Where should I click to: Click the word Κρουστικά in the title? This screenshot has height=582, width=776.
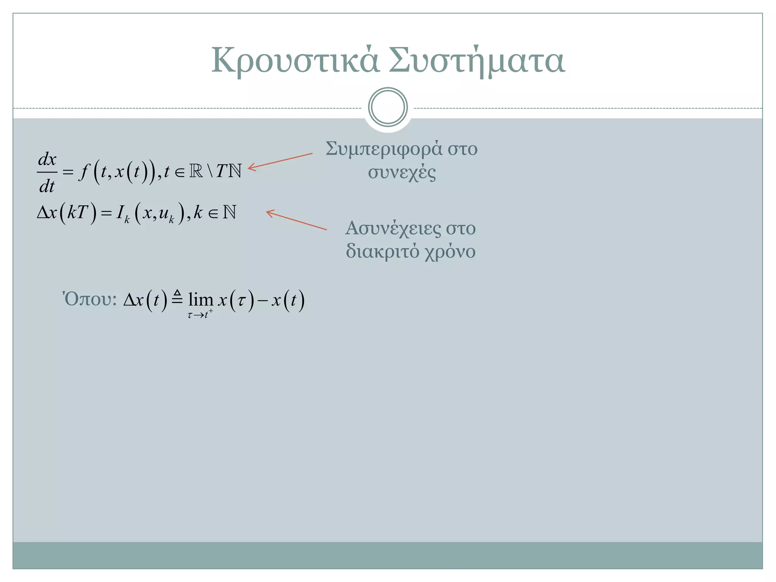click(x=295, y=61)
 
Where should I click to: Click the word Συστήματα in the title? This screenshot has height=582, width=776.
click(x=477, y=61)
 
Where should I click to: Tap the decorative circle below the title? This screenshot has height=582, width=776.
click(x=388, y=107)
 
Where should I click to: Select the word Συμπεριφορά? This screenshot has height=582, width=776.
click(x=384, y=149)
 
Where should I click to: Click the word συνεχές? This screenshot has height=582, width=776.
click(x=402, y=172)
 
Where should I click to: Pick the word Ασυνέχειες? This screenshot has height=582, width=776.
click(x=393, y=228)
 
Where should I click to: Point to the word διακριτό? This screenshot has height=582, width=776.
click(x=382, y=251)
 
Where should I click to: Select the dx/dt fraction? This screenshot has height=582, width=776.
click(x=47, y=173)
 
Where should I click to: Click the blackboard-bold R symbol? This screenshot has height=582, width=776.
click(x=196, y=171)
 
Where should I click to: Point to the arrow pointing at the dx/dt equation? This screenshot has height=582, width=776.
click(x=280, y=161)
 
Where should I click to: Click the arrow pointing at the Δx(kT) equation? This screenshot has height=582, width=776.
click(x=296, y=220)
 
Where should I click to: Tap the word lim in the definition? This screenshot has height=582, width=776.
click(x=200, y=300)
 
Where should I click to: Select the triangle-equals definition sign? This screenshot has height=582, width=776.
click(x=177, y=297)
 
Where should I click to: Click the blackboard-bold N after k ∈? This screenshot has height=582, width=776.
click(x=230, y=212)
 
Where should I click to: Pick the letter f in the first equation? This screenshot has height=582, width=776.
click(x=83, y=172)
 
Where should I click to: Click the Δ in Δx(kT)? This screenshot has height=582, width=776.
click(x=43, y=213)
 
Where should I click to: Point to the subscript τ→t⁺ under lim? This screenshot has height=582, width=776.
click(x=200, y=314)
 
